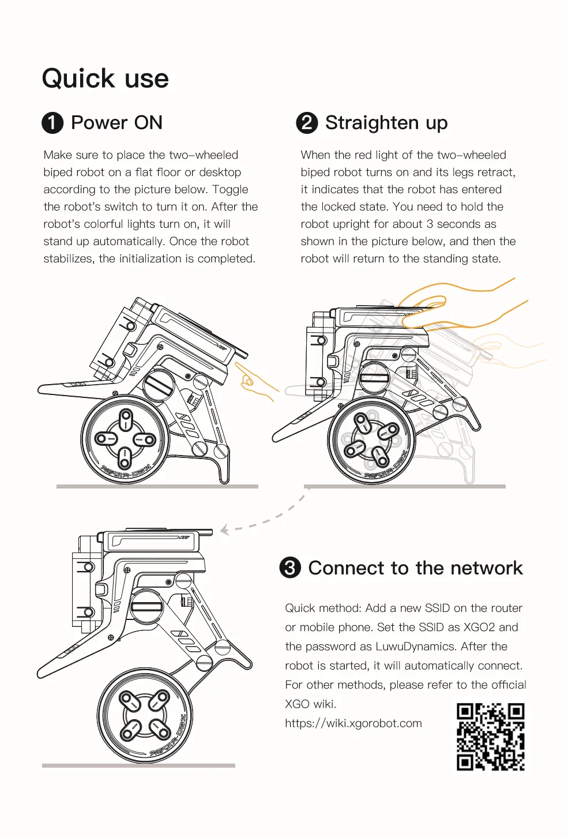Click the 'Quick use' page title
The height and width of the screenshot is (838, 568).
[105, 78]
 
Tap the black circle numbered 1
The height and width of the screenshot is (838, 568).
[52, 123]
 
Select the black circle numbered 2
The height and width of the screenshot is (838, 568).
[307, 123]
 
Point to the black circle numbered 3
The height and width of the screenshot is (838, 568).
[290, 568]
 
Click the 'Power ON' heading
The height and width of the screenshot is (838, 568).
[116, 123]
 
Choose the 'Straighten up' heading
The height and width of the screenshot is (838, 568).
[386, 123]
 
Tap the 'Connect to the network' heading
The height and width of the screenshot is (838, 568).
[415, 568]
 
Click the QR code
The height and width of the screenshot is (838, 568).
[491, 737]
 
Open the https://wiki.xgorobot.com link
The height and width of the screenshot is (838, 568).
[353, 723]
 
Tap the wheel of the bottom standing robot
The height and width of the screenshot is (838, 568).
[145, 715]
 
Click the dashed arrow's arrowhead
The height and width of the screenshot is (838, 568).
[224, 530]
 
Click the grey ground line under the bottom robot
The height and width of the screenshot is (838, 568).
[139, 765]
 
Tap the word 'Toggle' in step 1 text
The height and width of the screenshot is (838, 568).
[230, 190]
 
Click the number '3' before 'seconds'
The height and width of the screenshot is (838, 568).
[430, 224]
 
